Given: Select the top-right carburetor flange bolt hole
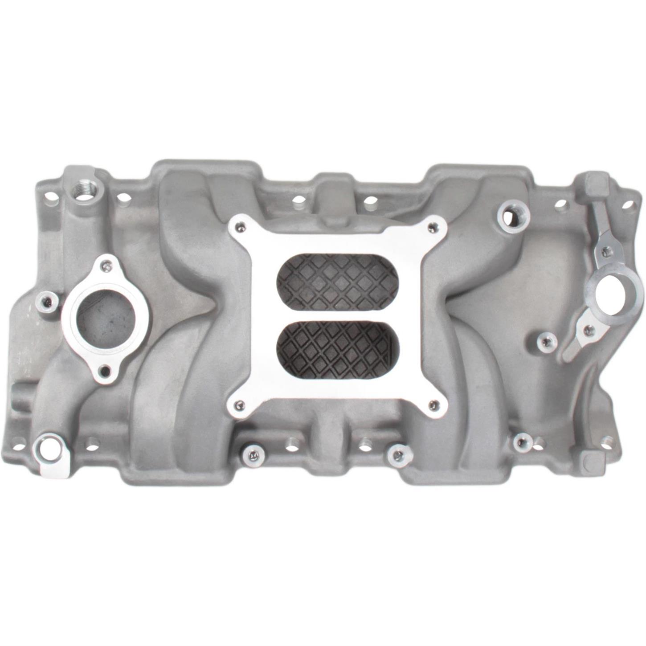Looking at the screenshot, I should click(430, 228).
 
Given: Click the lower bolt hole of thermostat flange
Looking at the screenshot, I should click(105, 369).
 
